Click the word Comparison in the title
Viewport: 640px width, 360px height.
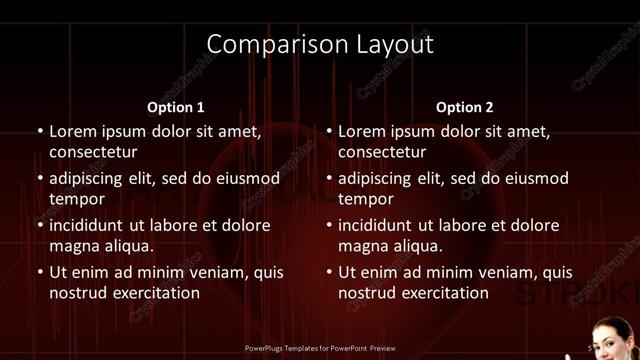(269, 45)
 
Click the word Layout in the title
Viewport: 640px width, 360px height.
(396, 45)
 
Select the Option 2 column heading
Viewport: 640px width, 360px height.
(464, 107)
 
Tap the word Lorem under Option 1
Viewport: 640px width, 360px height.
(73, 131)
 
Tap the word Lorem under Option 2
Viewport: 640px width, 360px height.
(362, 131)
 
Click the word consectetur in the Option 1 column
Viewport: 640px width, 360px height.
(93, 152)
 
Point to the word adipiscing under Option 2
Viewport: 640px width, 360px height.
(381, 179)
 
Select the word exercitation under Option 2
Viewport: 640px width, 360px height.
(441, 293)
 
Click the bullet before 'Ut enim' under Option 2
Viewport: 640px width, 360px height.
(330, 272)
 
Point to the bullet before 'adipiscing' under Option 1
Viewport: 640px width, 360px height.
(41, 179)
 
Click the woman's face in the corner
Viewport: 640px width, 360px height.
(608, 336)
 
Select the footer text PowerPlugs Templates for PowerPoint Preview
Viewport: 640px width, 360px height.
(320, 348)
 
